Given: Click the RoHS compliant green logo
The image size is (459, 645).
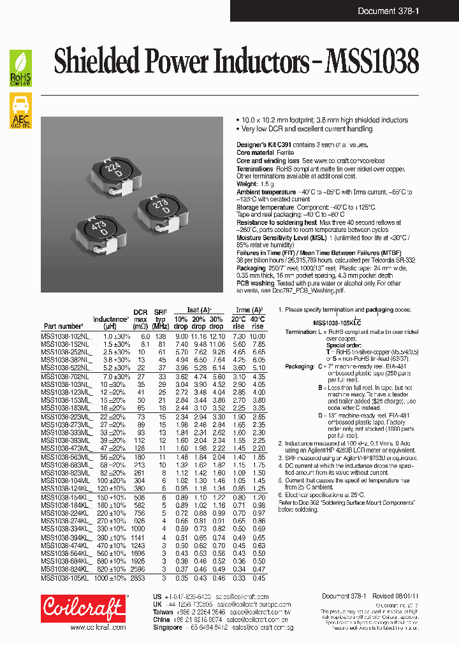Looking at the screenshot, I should [x=20, y=68].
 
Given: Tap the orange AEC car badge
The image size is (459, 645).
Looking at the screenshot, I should [x=20, y=112].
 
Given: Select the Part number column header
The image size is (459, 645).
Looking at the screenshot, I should [x=63, y=326].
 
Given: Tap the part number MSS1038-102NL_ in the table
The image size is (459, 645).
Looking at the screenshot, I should [x=66, y=336].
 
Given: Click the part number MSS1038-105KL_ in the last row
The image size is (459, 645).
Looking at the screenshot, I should [x=66, y=578].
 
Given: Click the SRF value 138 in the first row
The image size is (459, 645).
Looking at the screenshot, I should [x=161, y=336].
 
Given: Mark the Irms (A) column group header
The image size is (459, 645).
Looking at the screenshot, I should [x=248, y=310].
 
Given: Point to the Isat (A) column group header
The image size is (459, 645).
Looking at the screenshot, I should [x=199, y=310].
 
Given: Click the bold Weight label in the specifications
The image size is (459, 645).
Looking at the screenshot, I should [x=248, y=184].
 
